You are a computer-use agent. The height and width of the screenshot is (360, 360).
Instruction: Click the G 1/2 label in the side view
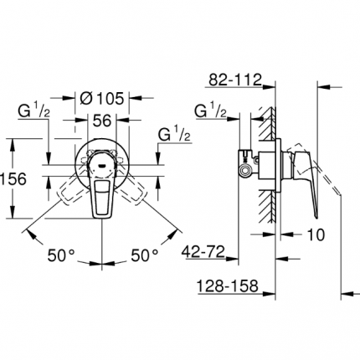coord(208,110)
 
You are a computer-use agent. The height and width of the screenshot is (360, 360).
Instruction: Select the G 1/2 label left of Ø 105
coord(35,110)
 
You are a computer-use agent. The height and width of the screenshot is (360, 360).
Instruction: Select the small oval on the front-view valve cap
coord(103,162)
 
